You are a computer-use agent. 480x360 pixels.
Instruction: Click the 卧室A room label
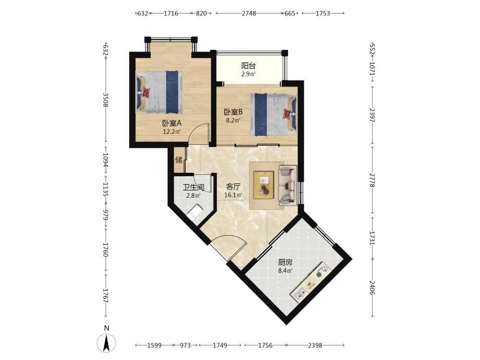click(x=172, y=123)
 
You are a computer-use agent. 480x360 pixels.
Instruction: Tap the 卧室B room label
click(x=233, y=112)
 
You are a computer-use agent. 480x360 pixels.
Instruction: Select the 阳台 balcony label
click(x=248, y=66)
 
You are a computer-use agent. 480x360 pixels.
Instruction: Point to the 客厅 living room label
click(x=233, y=186)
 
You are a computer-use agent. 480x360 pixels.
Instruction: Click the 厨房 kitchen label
click(x=285, y=263)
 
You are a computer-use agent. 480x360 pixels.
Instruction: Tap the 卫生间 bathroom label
click(x=193, y=187)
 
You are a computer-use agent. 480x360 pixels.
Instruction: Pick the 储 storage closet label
click(x=179, y=160)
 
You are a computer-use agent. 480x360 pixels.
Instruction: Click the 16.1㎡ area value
click(x=233, y=195)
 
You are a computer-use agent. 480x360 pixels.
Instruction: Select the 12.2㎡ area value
click(x=172, y=132)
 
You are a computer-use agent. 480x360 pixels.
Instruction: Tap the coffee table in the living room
click(x=264, y=185)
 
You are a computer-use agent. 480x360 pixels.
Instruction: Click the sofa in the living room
click(x=288, y=185)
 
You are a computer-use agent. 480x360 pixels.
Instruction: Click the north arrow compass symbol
click(x=106, y=343)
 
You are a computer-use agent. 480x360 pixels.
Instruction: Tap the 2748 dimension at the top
click(x=249, y=13)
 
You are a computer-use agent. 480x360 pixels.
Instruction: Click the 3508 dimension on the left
click(x=106, y=100)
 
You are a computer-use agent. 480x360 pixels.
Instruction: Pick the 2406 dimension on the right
click(x=372, y=288)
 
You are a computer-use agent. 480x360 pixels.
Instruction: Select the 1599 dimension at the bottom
click(x=154, y=345)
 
